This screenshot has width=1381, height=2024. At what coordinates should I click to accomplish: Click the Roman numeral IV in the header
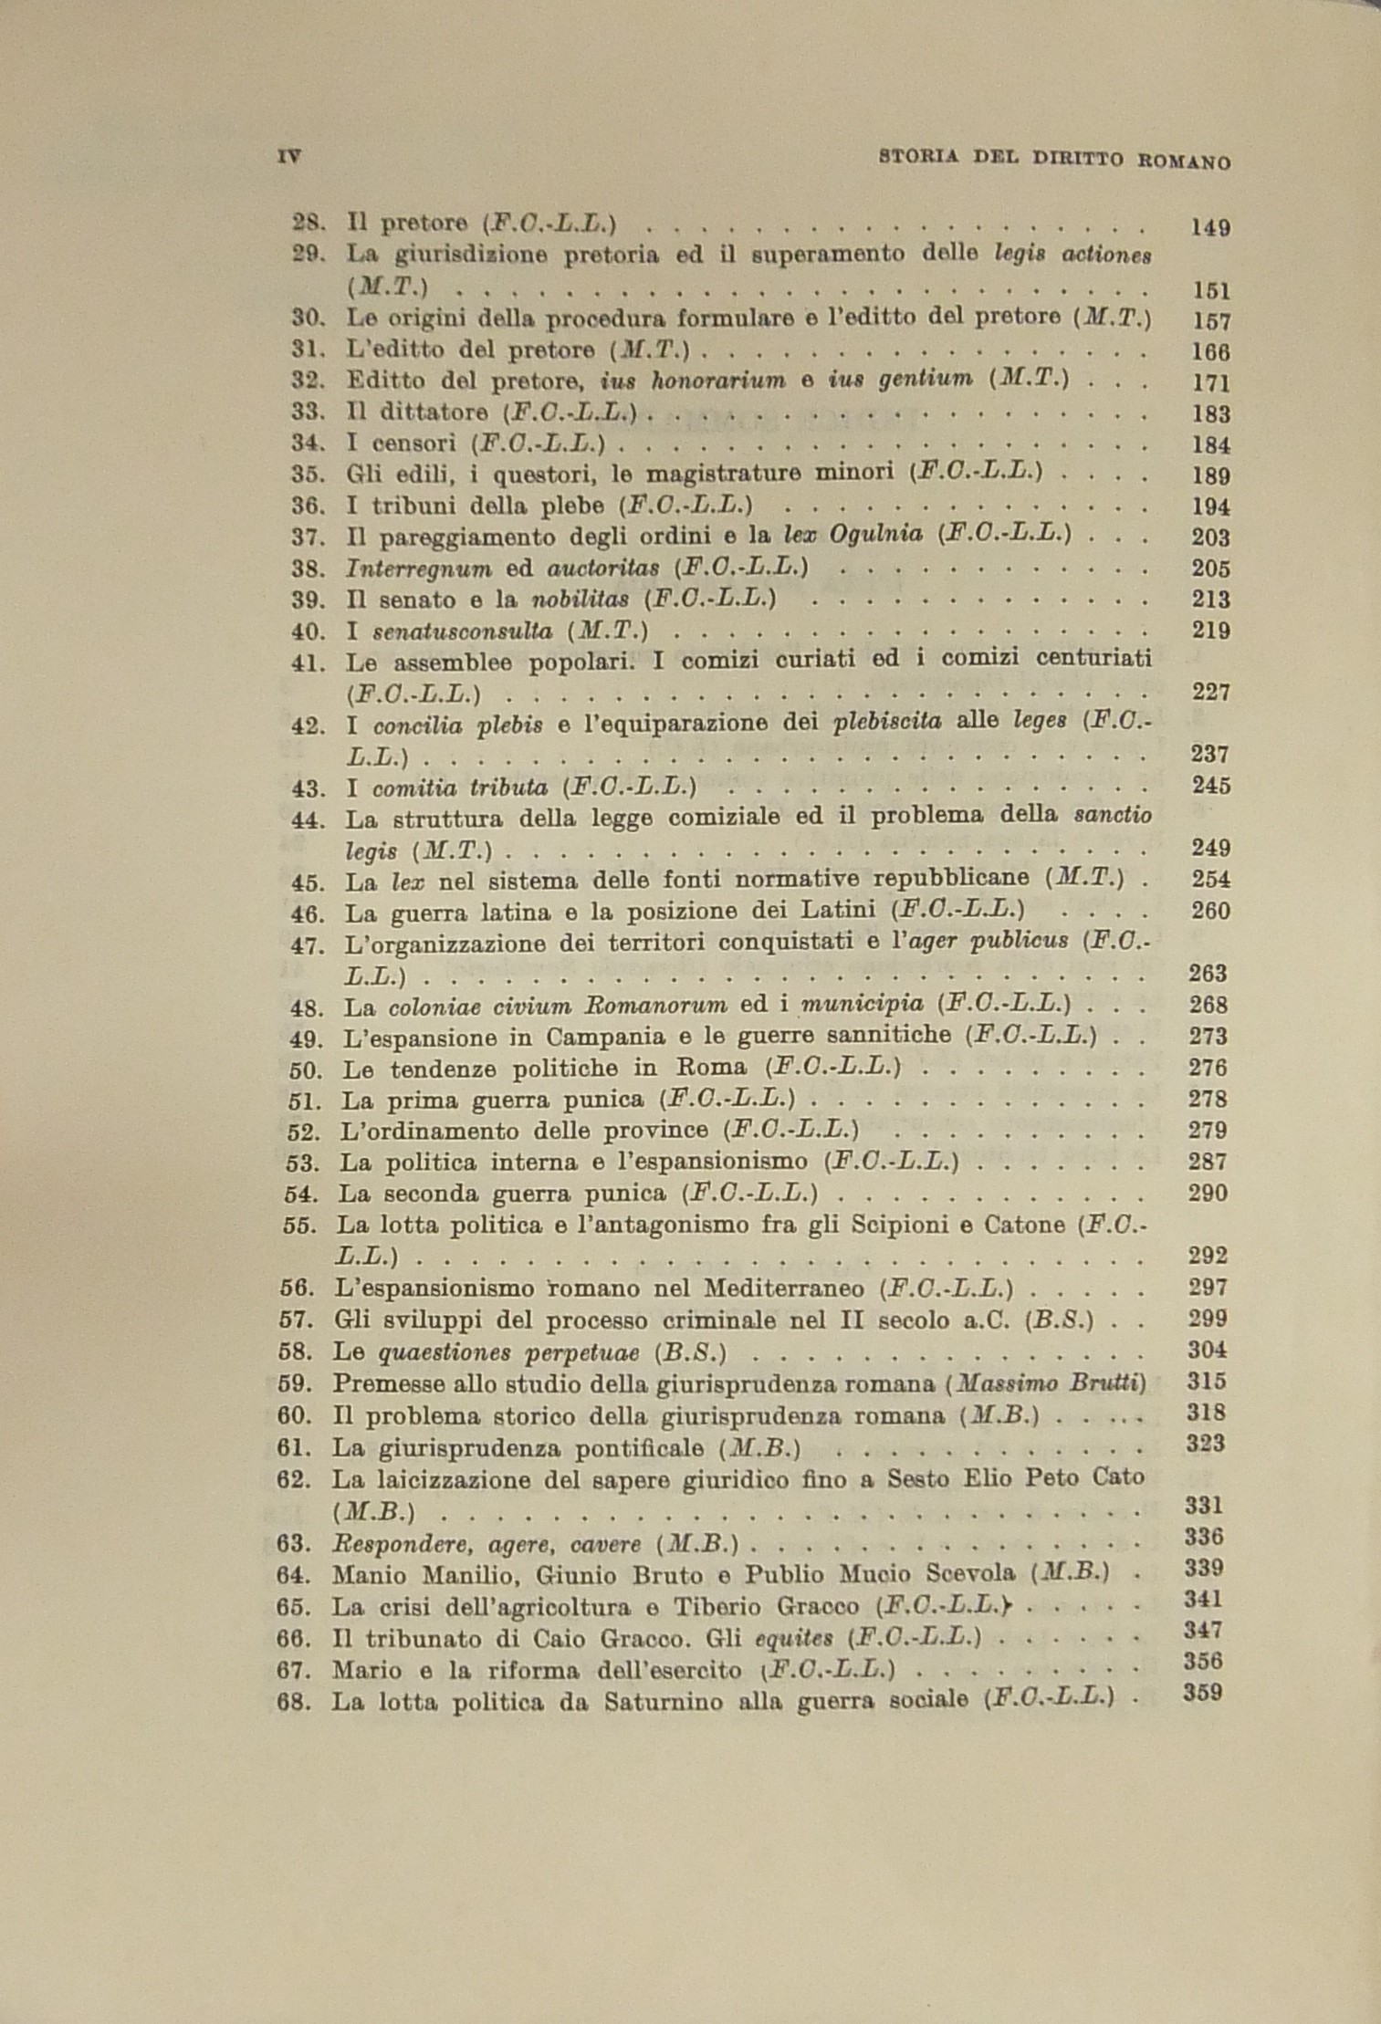[288, 156]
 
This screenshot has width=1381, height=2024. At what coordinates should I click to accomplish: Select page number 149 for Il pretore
[1210, 228]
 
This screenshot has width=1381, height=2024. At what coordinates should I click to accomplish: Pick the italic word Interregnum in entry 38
[418, 569]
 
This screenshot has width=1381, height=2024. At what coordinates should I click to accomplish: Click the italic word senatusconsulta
[462, 631]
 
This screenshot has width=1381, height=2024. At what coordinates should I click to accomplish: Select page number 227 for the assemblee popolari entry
[1210, 693]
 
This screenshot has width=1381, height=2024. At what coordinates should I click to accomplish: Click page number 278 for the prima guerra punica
[1207, 1100]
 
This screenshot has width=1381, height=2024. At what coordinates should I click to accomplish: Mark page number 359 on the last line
[1202, 1694]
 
